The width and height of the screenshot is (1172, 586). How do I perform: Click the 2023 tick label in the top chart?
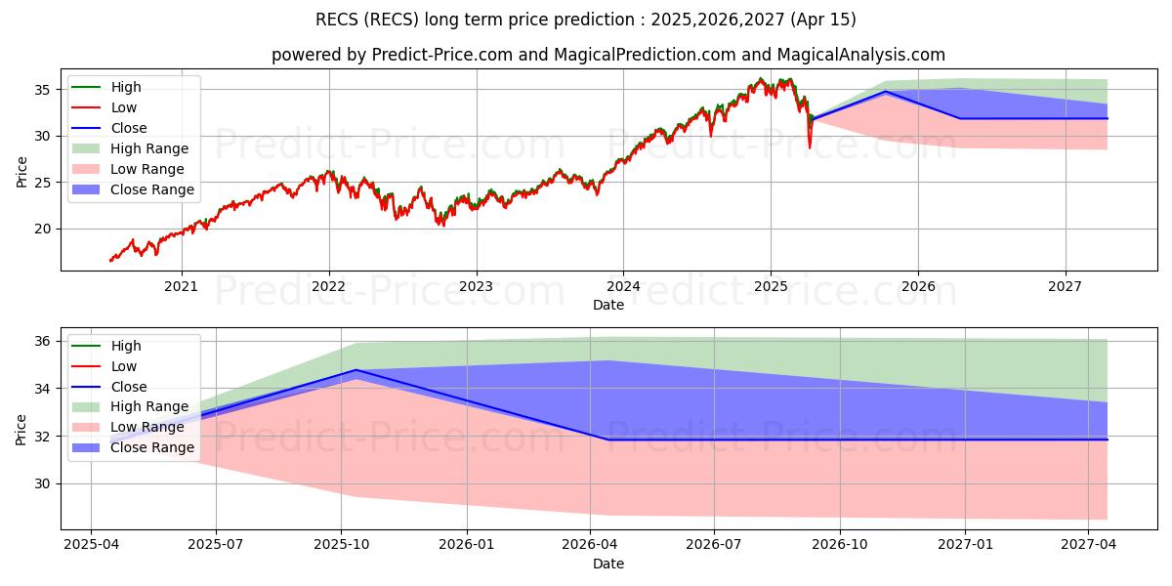click(476, 286)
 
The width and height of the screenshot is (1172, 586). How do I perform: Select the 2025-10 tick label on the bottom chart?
click(342, 545)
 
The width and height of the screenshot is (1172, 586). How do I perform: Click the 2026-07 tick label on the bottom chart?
click(714, 545)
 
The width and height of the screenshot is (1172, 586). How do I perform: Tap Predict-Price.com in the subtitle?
click(443, 56)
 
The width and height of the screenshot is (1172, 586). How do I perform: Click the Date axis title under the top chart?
click(608, 305)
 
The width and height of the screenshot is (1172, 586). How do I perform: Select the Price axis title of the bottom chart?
click(21, 429)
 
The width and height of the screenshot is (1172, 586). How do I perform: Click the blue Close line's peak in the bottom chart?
click(356, 370)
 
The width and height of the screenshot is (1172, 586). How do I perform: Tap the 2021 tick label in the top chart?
click(181, 286)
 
